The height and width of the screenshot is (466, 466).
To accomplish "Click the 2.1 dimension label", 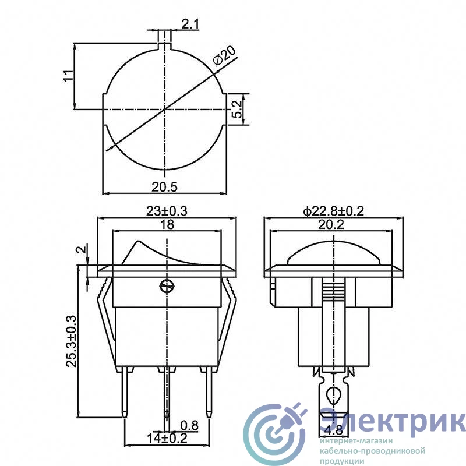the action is tap(190, 24).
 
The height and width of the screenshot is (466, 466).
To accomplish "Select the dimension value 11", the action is tap(68, 76).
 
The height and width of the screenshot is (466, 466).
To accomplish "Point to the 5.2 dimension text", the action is tap(237, 110).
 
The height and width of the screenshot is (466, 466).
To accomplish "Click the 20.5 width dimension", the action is tap(164, 187).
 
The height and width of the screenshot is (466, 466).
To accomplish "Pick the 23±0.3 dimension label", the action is tap(167, 211).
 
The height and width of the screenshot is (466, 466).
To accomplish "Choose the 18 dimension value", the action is tap(167, 224).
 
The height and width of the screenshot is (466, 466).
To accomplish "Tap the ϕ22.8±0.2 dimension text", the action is tap(333, 211).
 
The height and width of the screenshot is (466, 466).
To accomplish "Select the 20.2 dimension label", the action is tap(331, 224).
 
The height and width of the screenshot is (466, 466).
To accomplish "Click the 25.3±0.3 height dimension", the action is tap(71, 342).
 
